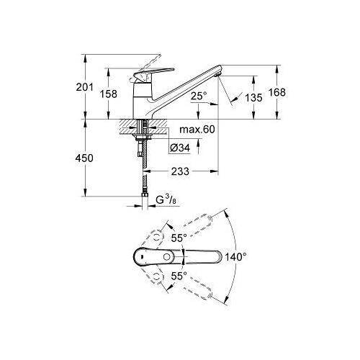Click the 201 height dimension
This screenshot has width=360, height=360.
click(84, 87)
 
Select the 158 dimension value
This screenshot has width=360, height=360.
click(109, 94)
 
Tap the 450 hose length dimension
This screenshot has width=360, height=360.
click(84, 158)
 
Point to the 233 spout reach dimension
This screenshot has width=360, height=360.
click(180, 171)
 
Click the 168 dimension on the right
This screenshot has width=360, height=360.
click(277, 92)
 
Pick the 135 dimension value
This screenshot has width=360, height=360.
click(253, 98)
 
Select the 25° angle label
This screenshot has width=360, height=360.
click(199, 96)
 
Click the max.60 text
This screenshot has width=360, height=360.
click(197, 130)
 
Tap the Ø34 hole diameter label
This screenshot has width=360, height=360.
click(180, 148)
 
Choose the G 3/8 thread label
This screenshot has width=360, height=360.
click(166, 199)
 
